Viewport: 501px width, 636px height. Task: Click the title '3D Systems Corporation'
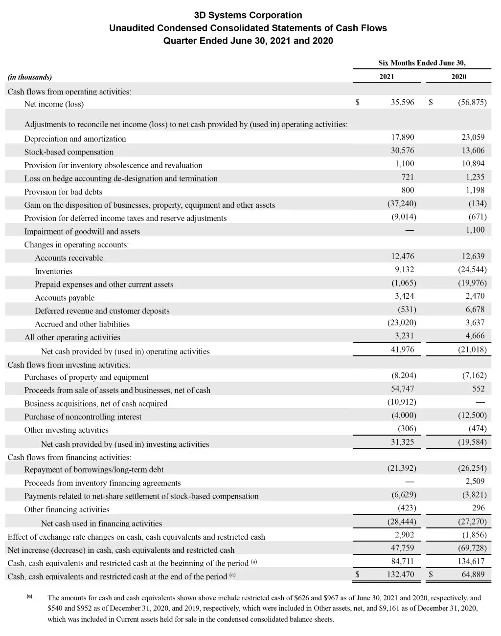point(248,15)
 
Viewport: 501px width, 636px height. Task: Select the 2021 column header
point(387,76)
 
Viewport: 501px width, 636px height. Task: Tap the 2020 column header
point(458,76)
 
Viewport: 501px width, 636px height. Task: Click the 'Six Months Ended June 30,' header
point(422,63)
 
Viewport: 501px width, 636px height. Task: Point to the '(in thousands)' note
point(30,77)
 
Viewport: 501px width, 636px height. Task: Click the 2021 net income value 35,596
point(402,102)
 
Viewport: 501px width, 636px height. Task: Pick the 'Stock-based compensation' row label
point(69,152)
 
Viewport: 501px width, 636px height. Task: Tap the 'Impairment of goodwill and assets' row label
point(82,232)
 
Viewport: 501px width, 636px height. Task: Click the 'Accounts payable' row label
point(65,298)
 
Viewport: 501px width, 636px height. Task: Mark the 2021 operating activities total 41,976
point(402,349)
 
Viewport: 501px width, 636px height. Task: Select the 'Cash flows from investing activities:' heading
point(69,365)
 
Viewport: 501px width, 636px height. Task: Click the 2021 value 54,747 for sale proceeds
point(402,389)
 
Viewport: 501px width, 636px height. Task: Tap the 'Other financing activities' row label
point(67,509)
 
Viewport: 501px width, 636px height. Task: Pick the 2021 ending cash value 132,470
point(400,574)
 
